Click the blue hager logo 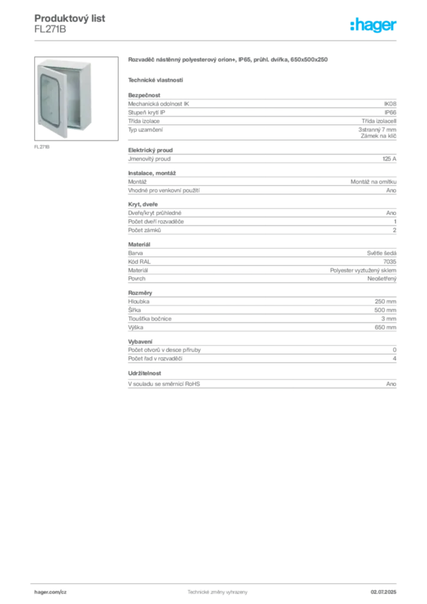pos(374,26)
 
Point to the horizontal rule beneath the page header pos(217,40)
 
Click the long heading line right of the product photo pos(227,60)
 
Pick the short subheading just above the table pos(156,79)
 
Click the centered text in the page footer pos(216,590)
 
